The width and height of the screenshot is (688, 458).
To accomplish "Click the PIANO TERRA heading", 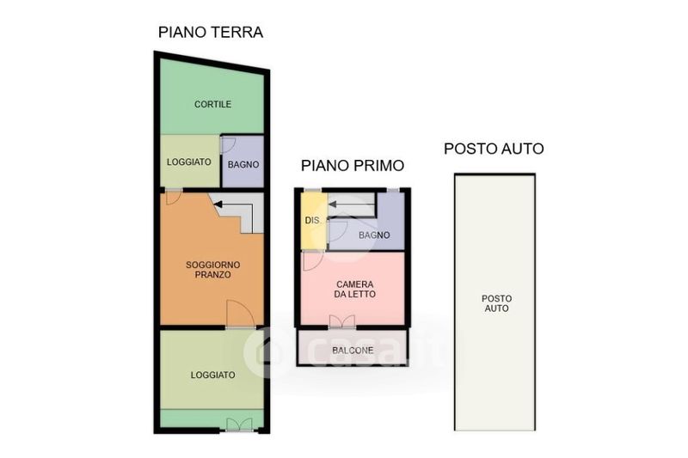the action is point(211,33).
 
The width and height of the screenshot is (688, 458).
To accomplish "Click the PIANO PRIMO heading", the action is point(353,166).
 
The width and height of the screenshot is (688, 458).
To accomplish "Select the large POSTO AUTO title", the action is point(494,149).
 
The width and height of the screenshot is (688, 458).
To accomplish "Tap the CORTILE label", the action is point(212,104).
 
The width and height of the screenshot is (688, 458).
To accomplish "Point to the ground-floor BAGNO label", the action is point(243,165).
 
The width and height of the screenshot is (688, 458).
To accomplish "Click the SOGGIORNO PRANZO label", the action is point(212,270).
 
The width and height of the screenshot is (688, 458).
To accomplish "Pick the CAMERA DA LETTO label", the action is point(354,290).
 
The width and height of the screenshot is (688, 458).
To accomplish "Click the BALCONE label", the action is point(353,351).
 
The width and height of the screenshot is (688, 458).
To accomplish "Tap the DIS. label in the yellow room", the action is point(313,221).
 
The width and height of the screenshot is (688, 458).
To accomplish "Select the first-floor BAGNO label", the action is point(374,235).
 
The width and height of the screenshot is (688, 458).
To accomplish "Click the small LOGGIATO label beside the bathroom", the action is point(189,162).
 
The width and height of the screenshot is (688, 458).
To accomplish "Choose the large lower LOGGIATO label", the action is point(212,376).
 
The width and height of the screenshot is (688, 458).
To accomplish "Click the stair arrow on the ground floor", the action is point(218,205).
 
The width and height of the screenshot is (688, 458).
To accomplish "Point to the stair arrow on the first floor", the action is point(333,205).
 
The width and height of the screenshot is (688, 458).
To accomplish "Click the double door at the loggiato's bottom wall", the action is point(240,424).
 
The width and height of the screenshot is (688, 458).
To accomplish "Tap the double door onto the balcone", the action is point(342,321).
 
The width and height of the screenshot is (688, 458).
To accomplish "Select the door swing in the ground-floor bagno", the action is point(228,145).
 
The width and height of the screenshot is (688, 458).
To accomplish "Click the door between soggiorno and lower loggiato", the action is point(241,314).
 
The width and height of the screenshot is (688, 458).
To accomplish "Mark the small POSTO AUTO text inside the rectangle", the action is point(497,303).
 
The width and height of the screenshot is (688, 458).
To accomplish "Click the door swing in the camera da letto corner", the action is point(312,260).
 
